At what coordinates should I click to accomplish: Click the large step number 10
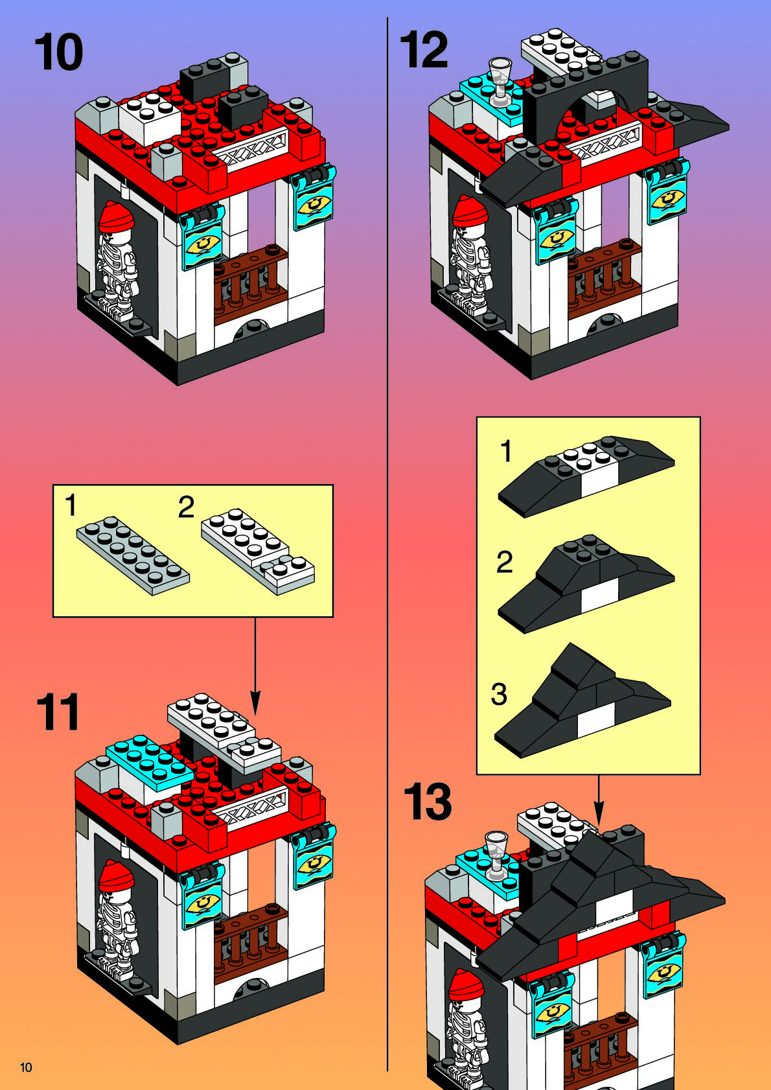point(59,52)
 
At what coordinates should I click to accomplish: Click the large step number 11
point(58,712)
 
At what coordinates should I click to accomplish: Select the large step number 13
point(428,802)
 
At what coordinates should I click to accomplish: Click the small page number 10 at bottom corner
point(26,1067)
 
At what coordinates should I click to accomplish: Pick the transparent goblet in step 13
point(496,855)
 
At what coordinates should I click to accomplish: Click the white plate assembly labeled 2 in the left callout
point(258,551)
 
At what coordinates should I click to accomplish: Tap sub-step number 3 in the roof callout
point(499,694)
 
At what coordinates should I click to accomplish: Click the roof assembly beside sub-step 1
point(586,475)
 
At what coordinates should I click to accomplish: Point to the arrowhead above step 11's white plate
point(255,704)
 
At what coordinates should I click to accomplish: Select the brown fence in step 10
point(251,283)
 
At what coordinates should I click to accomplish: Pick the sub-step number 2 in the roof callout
point(505,562)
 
